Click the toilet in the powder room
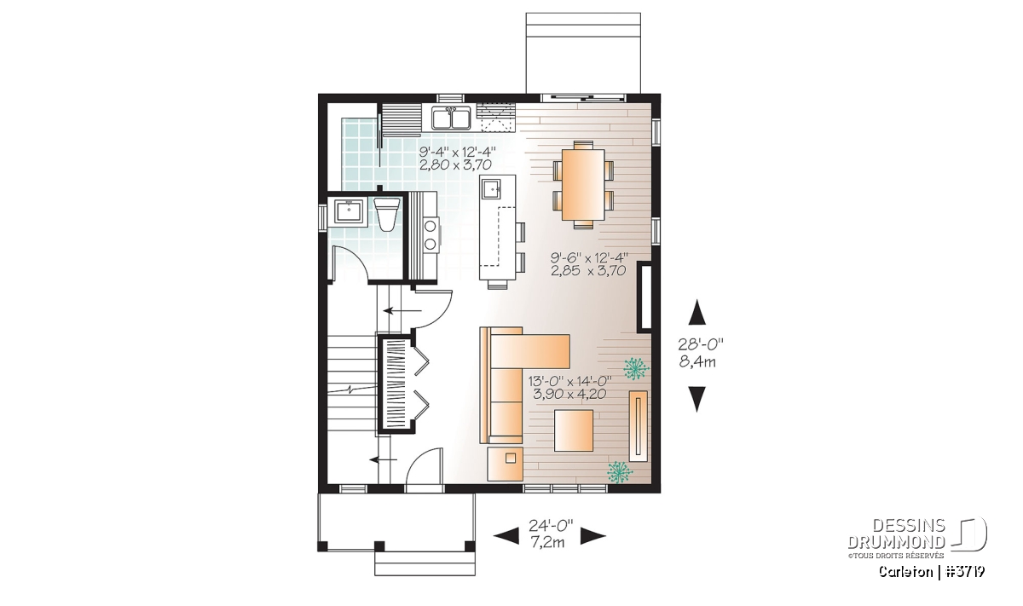(x=386, y=214)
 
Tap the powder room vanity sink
(x=349, y=211)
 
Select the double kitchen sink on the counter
(x=452, y=118)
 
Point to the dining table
(x=584, y=184)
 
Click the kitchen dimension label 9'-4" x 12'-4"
(x=457, y=152)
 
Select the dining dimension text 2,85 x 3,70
(x=587, y=271)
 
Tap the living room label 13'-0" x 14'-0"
(x=569, y=380)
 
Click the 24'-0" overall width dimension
(x=551, y=525)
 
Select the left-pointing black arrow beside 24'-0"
(x=506, y=536)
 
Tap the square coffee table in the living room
(x=574, y=430)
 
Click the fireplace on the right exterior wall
(x=644, y=296)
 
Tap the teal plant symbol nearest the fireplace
(x=636, y=369)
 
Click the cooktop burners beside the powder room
(x=111, y=234)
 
